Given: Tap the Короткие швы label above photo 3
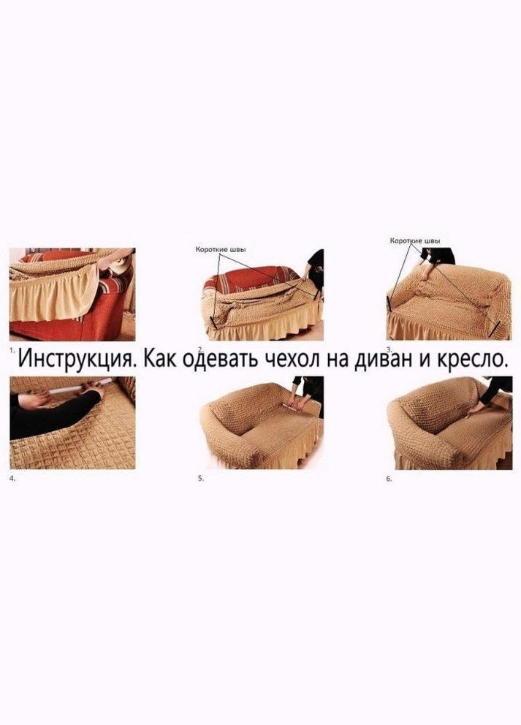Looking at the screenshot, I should pyautogui.click(x=415, y=241).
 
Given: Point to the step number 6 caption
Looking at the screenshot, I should pyautogui.click(x=389, y=479).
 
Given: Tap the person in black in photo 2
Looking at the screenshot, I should pyautogui.click(x=316, y=267).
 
